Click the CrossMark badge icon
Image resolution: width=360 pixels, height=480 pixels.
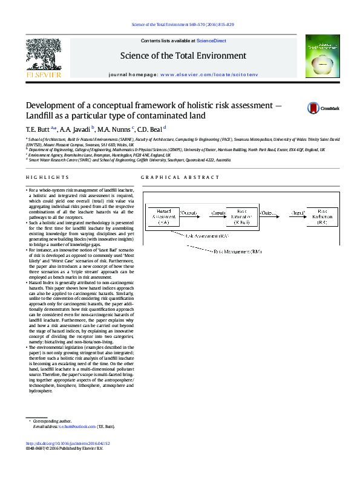(x=313, y=109)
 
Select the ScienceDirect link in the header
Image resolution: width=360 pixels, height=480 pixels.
(x=212, y=41)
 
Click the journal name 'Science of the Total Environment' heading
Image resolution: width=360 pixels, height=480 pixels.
(x=183, y=56)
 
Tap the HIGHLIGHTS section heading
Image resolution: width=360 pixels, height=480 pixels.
(x=47, y=177)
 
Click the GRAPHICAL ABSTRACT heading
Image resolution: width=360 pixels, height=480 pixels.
(x=180, y=177)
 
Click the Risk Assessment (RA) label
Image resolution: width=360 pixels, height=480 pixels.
(x=206, y=235)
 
